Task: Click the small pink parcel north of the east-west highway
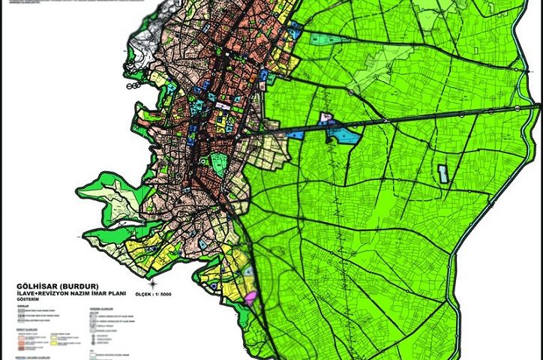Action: (325, 118)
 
